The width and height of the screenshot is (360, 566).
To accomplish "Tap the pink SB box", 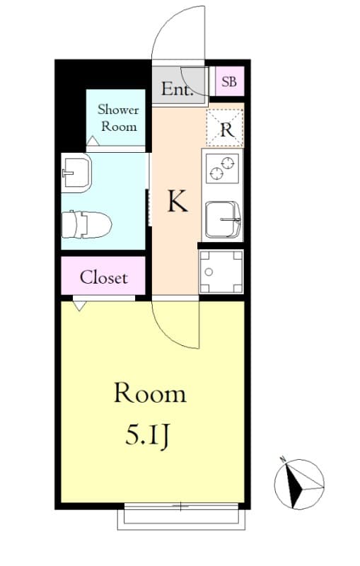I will coord(228,82).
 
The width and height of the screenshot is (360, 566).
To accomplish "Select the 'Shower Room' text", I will coord(118,117).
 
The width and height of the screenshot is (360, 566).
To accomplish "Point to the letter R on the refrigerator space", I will coord(226,129).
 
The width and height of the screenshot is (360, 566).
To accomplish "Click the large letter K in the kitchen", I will coord(177,202).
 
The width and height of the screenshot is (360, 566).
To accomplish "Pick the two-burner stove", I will coord(221,168).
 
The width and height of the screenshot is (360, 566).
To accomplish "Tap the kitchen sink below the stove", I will coord(222,219).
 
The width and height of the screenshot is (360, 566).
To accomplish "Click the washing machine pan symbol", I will coord(221,272).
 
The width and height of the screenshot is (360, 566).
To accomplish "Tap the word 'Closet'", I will coord(103,277).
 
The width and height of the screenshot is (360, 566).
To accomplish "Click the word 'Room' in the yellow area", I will coord(150,393).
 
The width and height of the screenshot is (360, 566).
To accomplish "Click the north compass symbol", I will coord(298,484).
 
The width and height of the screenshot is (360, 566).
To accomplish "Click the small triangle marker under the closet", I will coord(79,306).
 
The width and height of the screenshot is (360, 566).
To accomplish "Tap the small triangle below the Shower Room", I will coord(92,141).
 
